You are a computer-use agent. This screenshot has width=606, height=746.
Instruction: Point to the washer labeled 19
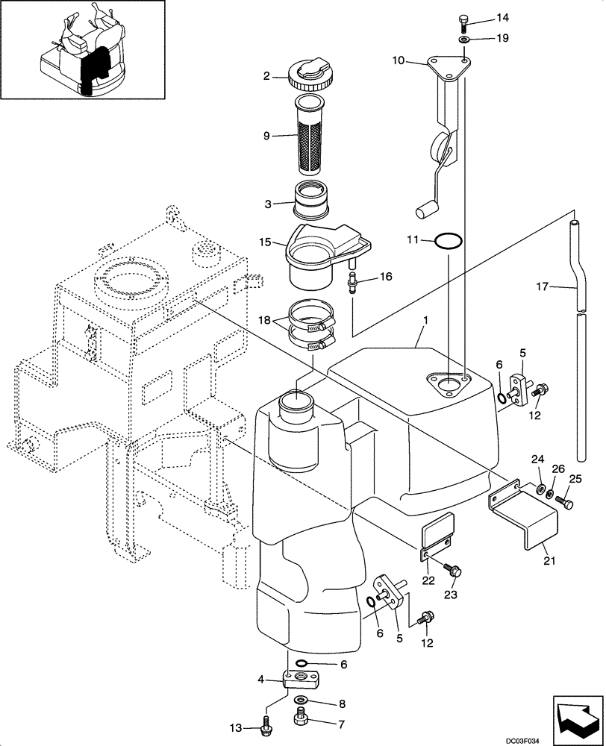pyautogui.click(x=463, y=38)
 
